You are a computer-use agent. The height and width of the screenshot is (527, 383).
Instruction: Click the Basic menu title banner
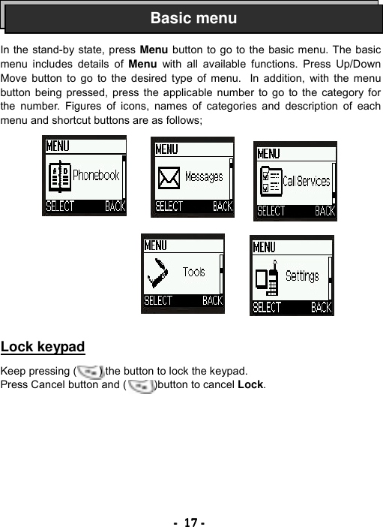pyautogui.click(x=193, y=18)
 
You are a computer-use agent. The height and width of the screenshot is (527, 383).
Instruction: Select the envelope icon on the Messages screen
pyautogui.click(x=169, y=178)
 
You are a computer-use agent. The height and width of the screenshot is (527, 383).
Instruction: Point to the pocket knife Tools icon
pyautogui.click(x=159, y=272)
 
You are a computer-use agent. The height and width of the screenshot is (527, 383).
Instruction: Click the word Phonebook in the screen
pyautogui.click(x=96, y=176)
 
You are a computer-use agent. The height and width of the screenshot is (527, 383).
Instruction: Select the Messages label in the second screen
pyautogui.click(x=204, y=177)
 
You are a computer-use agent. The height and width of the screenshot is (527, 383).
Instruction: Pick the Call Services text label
pyautogui.click(x=306, y=181)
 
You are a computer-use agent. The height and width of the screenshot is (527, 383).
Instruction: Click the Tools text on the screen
pyautogui.click(x=193, y=272)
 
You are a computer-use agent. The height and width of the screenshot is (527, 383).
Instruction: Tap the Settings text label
pyautogui.click(x=302, y=276)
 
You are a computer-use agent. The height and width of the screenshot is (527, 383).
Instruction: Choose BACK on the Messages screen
pyautogui.click(x=223, y=206)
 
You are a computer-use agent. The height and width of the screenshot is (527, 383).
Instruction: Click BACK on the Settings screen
pyautogui.click(x=322, y=307)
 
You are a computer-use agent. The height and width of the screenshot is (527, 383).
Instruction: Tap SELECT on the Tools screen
pyautogui.click(x=158, y=301)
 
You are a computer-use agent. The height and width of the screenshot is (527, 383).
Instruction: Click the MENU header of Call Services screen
pyautogui.click(x=269, y=153)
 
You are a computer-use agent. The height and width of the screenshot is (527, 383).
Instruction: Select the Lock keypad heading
pyautogui.click(x=43, y=347)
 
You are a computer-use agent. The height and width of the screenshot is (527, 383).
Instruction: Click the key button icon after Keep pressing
pyautogui.click(x=89, y=371)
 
